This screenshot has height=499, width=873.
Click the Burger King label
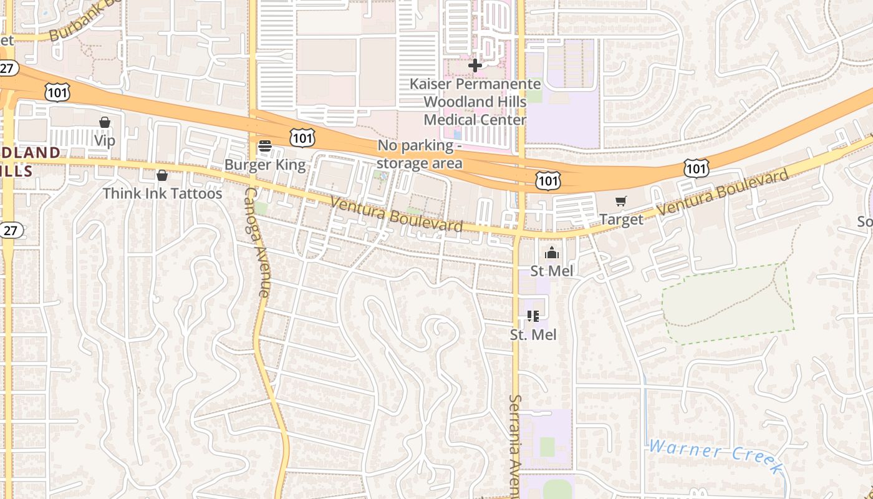pyautogui.click(x=265, y=165)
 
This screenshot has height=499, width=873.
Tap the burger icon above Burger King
pyautogui.click(x=265, y=147)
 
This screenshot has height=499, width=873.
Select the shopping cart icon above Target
pyautogui.click(x=620, y=201)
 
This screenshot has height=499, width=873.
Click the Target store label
pyautogui.click(x=620, y=220)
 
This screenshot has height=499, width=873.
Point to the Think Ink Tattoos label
pyautogui.click(x=162, y=193)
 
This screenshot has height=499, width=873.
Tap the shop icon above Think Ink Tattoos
pyautogui.click(x=162, y=176)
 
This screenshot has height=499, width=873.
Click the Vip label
pyautogui.click(x=105, y=140)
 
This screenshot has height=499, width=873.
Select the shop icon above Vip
pyautogui.click(x=105, y=123)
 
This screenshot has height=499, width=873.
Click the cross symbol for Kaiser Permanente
pyautogui.click(x=475, y=65)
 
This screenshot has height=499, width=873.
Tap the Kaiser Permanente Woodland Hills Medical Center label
pyautogui.click(x=475, y=101)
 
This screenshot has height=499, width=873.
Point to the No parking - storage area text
pyautogui.click(x=420, y=154)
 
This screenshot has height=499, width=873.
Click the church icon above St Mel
pyautogui.click(x=552, y=253)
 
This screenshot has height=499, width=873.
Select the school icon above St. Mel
pyautogui.click(x=533, y=316)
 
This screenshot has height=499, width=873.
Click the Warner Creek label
pyautogui.click(x=714, y=453)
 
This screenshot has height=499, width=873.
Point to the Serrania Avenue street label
pyautogui.click(x=514, y=446)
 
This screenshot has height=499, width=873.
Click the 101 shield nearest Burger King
pyautogui.click(x=302, y=138)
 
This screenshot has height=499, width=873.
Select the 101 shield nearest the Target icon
pyautogui.click(x=547, y=181)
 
